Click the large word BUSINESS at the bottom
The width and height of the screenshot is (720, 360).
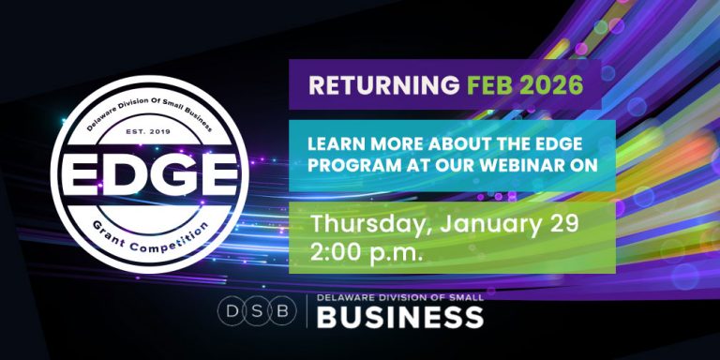[400, 319]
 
